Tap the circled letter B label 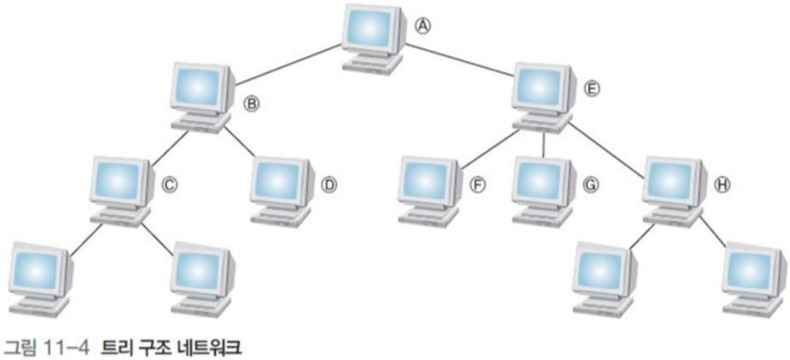[x=251, y=104]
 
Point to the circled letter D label [x=330, y=183]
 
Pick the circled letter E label [x=592, y=88]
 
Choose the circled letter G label [x=593, y=183]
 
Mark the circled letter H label [x=722, y=183]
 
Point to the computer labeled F [x=426, y=188]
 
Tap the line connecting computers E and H [x=608, y=145]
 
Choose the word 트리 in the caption [x=116, y=346]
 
